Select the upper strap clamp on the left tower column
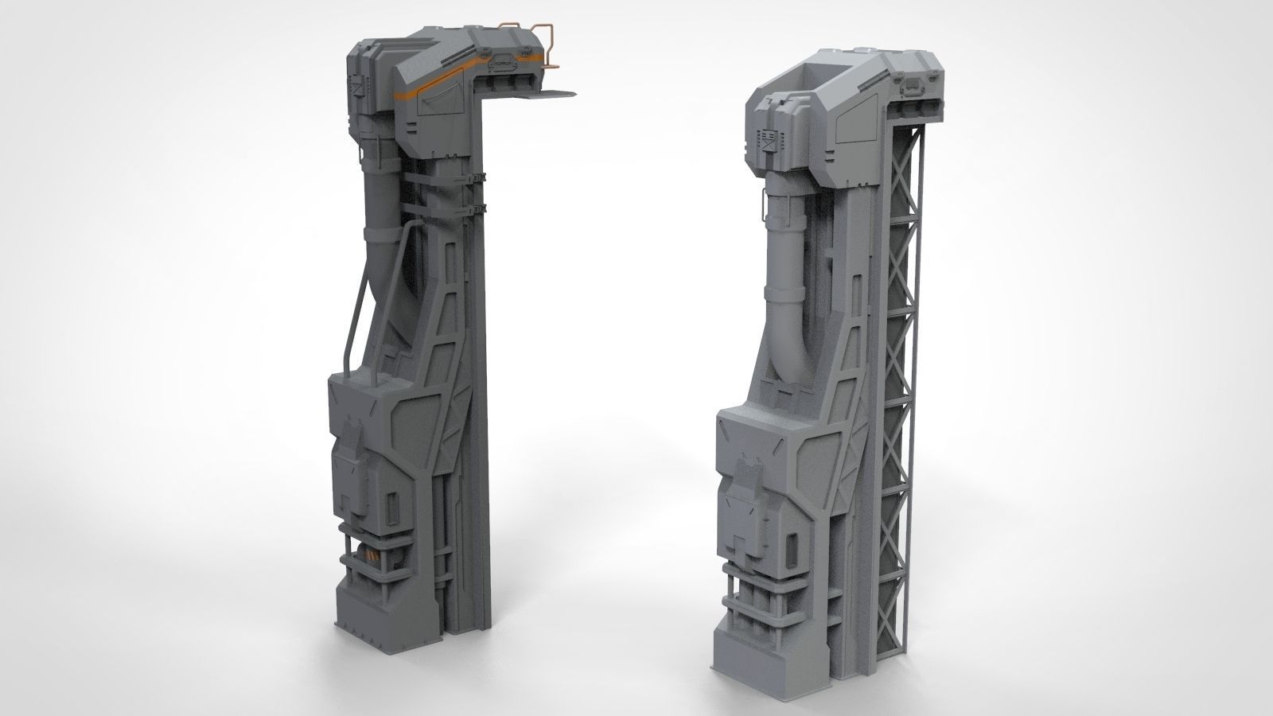pos(479,177)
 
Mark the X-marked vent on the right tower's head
pos(769,141)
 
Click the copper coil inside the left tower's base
pos(374,556)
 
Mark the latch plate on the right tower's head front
pos(912,82)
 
